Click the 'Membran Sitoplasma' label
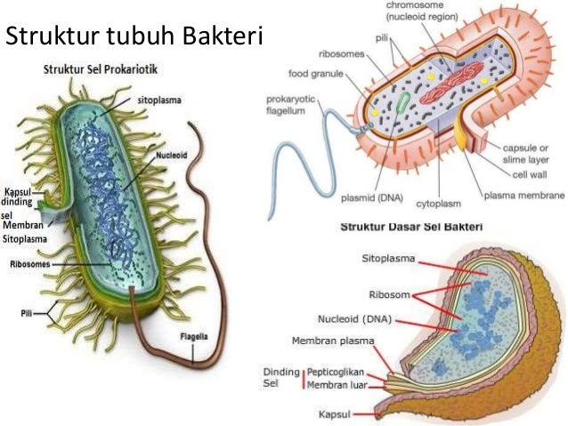tap(24, 232)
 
